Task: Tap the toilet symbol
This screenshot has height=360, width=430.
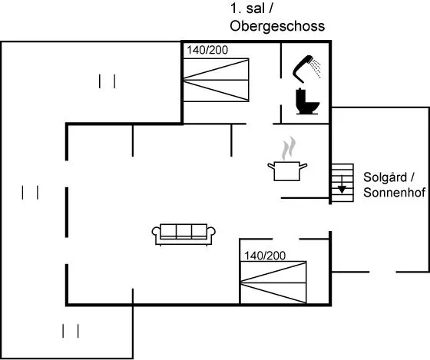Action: tap(307, 101)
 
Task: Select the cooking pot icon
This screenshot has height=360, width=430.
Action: tap(287, 171)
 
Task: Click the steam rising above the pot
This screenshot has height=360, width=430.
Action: tap(289, 148)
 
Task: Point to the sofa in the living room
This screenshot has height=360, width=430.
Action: tap(184, 234)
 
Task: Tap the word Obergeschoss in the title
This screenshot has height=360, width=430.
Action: tap(277, 26)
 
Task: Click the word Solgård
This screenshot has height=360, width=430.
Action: tap(385, 177)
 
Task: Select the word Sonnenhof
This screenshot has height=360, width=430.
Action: tap(395, 193)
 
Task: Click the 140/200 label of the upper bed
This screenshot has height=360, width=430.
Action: tap(207, 50)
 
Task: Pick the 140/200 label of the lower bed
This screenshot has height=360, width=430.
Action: tap(265, 256)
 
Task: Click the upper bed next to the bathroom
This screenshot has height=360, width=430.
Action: tap(216, 80)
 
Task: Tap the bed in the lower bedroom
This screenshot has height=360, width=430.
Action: tap(273, 282)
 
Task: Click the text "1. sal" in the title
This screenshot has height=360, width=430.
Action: tap(247, 8)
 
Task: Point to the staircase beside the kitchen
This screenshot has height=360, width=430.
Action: tap(342, 183)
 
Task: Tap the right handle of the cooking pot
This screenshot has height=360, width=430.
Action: tap(303, 166)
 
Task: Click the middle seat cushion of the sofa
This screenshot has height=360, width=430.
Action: tap(184, 231)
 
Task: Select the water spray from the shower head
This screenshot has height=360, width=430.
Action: tap(316, 68)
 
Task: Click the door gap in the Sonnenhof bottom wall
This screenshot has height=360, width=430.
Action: tap(382, 272)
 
